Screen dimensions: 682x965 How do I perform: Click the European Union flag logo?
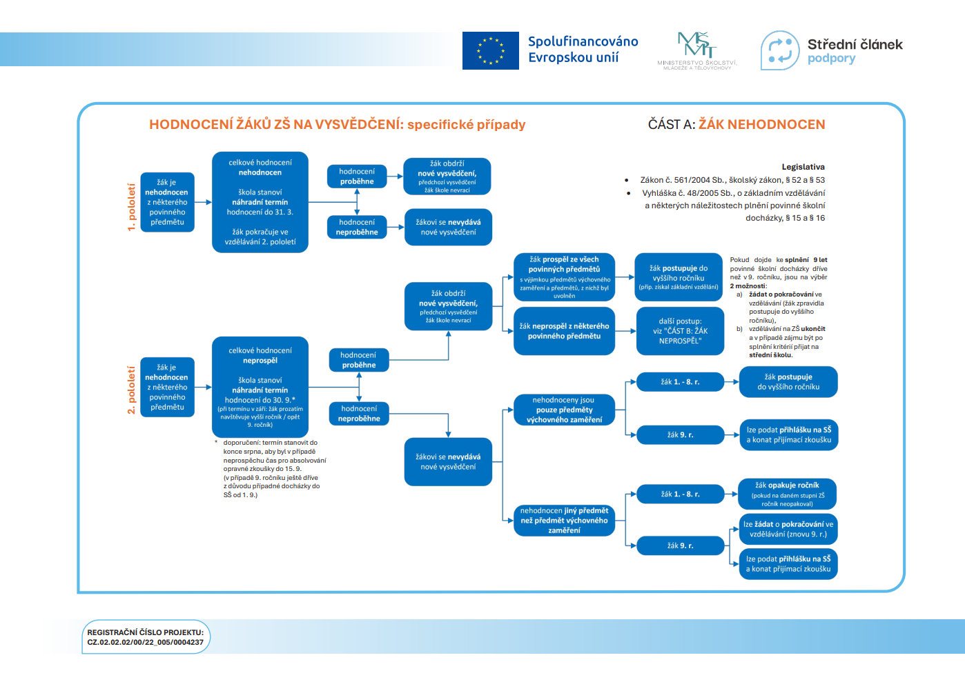click(x=490, y=50)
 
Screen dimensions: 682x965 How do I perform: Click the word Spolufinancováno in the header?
click(x=583, y=41)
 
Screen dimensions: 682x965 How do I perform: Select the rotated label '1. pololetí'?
click(x=131, y=207)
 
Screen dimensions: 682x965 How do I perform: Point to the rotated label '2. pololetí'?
click(x=131, y=390)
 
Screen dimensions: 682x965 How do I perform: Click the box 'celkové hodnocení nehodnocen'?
click(x=260, y=202)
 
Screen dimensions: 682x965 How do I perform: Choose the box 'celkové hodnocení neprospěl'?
click(x=260, y=387)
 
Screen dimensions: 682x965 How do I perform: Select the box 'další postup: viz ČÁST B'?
click(x=680, y=331)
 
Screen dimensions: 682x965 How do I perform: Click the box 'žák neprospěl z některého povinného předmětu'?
click(x=564, y=331)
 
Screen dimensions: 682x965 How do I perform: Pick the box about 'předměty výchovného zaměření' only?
click(x=564, y=410)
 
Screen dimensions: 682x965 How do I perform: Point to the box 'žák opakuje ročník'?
click(x=787, y=494)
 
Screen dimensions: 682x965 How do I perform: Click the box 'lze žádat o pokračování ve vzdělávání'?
click(x=788, y=529)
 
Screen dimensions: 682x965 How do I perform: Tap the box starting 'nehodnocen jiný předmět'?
click(x=564, y=521)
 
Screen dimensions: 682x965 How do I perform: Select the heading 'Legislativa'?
click(x=803, y=167)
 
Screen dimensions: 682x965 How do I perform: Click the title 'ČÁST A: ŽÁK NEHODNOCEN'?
click(x=736, y=125)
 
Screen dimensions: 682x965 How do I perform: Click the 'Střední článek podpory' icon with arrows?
click(x=780, y=50)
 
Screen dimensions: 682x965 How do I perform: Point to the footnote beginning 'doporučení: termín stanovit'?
click(x=273, y=469)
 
